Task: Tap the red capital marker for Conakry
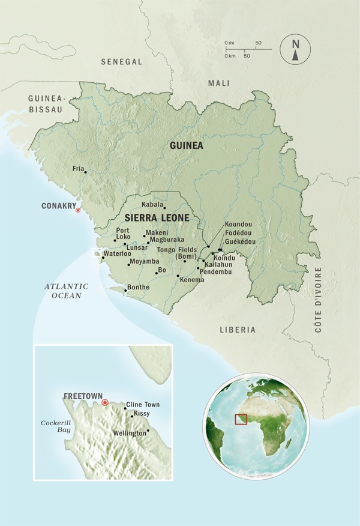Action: click(77, 210)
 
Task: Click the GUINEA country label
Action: click(187, 145)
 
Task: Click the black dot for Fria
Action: click(86, 172)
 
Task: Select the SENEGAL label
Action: click(122, 62)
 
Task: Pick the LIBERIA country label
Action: click(238, 330)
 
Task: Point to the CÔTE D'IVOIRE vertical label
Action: click(318, 300)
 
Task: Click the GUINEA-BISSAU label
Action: click(46, 103)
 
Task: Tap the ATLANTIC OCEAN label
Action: click(65, 291)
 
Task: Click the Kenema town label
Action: click(192, 280)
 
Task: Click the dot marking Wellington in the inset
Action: click(148, 431)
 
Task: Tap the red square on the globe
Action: click(241, 419)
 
